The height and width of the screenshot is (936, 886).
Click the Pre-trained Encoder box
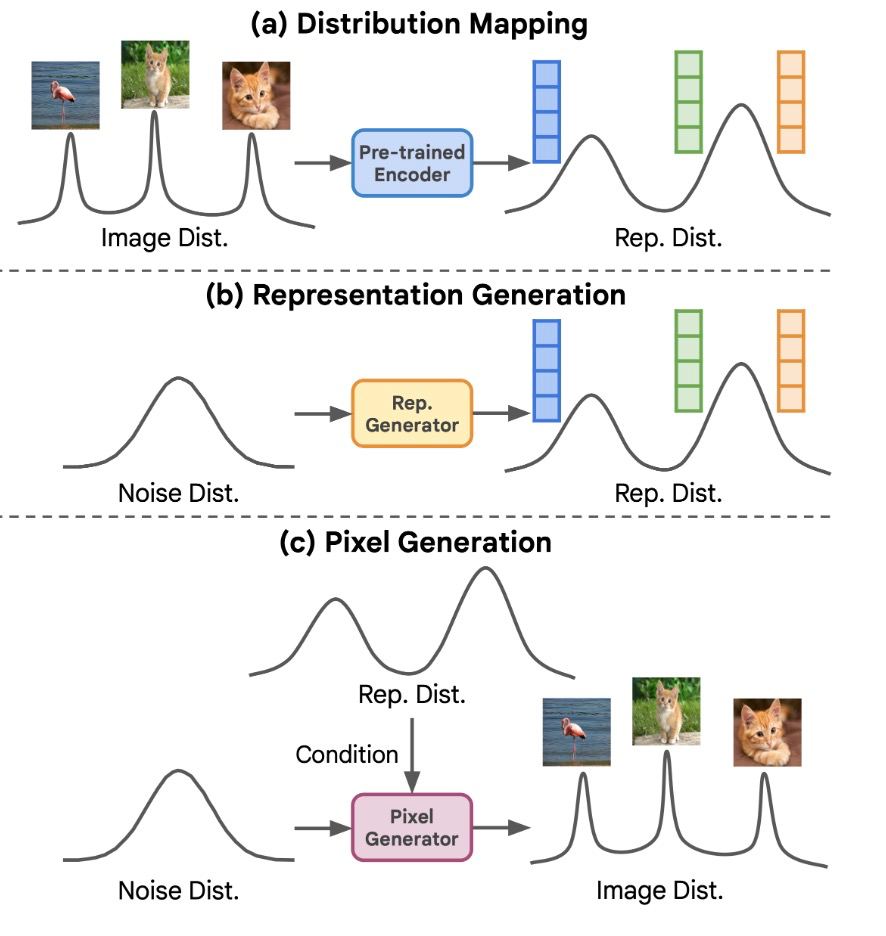click(413, 162)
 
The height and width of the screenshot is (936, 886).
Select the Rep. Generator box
click(412, 413)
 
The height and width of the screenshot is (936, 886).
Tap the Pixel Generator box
click(412, 827)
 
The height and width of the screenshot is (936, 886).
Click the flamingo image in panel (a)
click(65, 95)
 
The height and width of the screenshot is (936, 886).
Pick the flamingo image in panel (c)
click(577, 731)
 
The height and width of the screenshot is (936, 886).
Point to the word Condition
click(346, 754)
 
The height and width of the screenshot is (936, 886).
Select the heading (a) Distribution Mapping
click(419, 25)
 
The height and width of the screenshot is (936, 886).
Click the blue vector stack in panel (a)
click(546, 111)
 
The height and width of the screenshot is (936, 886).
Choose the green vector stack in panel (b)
click(689, 360)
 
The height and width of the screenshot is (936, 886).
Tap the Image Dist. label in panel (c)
click(659, 889)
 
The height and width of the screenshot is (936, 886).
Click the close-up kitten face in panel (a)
click(256, 95)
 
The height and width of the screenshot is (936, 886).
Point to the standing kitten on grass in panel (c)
click(666, 711)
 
